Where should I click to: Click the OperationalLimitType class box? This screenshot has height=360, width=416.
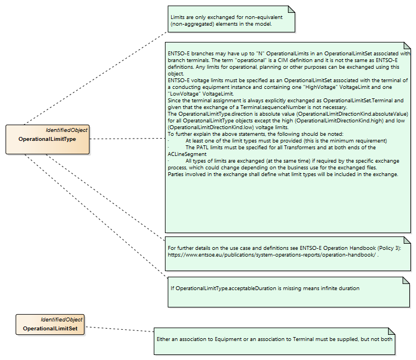pyautogui.click(x=48, y=139)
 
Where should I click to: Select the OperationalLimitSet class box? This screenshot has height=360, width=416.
pyautogui.click(x=50, y=324)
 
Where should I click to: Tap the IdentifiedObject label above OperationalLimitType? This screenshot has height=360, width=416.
pyautogui.click(x=67, y=130)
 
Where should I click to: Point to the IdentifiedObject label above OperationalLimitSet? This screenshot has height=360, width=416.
pyautogui.click(x=62, y=320)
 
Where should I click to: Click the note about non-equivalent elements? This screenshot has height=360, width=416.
pyautogui.click(x=231, y=19)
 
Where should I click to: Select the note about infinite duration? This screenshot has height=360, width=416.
pyautogui.click(x=289, y=292)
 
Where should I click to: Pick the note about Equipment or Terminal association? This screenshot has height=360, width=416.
pyautogui.click(x=275, y=341)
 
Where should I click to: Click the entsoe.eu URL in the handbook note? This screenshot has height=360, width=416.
pyautogui.click(x=272, y=255)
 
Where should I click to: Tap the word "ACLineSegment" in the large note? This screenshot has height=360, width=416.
pyautogui.click(x=187, y=154)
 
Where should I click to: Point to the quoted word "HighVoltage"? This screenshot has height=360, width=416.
pyautogui.click(x=320, y=87)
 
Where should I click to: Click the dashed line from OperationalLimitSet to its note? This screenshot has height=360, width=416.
pyautogui.click(x=119, y=329)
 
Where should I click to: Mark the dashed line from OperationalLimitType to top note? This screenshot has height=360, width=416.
pyautogui.click(x=96, y=78)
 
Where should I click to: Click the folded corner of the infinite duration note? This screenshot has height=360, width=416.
pyautogui.click(x=406, y=281)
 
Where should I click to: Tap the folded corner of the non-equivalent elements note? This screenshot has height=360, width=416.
pyautogui.click(x=291, y=10)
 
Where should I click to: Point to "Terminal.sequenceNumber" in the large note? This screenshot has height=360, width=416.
pyautogui.click(x=273, y=107)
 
